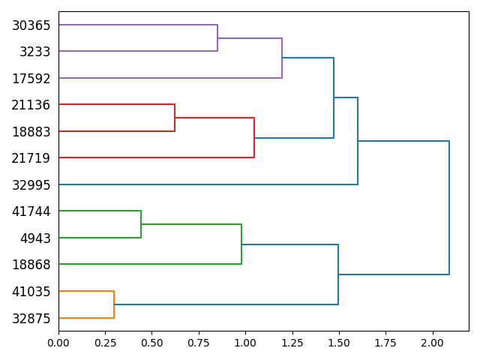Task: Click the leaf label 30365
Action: tap(31, 25)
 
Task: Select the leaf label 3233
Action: tap(34, 52)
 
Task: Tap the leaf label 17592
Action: tap(31, 79)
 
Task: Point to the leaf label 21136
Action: tap(31, 105)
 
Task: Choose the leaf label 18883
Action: tap(31, 132)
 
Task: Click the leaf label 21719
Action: tap(31, 158)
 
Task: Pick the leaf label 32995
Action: tap(31, 185)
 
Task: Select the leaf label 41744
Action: tap(31, 211)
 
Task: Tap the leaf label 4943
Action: tap(34, 238)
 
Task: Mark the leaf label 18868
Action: tap(31, 265)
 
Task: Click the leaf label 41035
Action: tap(31, 292)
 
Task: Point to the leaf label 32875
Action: tap(31, 318)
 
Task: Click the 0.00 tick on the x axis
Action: tap(58, 342)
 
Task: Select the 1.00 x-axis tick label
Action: tap(245, 342)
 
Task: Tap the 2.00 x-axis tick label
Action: tap(432, 342)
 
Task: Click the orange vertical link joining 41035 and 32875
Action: tap(114, 304)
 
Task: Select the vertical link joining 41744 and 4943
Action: tap(141, 224)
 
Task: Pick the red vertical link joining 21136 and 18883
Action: tap(175, 118)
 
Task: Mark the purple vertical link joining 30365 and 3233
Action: tap(217, 38)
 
